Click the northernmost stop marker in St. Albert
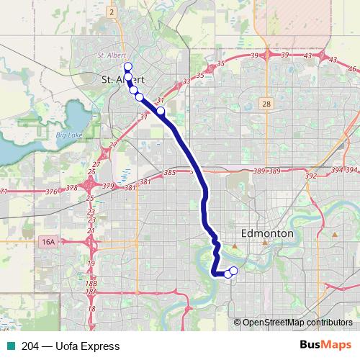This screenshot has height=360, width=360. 128,66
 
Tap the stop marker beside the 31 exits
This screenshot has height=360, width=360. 161,111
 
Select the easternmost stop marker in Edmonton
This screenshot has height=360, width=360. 233,271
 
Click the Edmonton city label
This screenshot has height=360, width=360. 266,235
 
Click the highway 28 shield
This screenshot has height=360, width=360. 266,104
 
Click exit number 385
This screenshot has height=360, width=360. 170,174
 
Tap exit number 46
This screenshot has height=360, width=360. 352,68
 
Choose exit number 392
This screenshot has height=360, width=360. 311,176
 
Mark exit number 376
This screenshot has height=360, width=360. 51,192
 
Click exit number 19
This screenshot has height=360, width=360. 91,264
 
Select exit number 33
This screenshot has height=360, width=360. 186,81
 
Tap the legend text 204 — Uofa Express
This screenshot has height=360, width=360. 71,346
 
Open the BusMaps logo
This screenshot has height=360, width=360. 326,346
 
